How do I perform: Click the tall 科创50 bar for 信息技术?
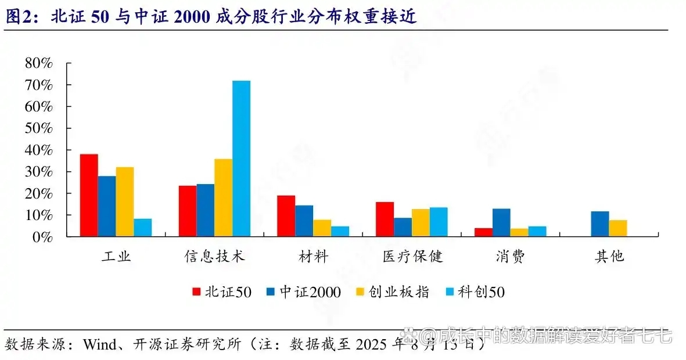pyautogui.click(x=241, y=159)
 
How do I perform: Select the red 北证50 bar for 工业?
pyautogui.click(x=89, y=195)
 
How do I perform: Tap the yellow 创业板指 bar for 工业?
pyautogui.click(x=124, y=201)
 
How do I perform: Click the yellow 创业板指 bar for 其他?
pyautogui.click(x=618, y=228)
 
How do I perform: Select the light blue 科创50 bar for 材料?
pyautogui.click(x=340, y=231)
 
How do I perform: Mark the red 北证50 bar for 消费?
pyautogui.click(x=483, y=232)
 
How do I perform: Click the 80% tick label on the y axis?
pyautogui.click(x=39, y=63)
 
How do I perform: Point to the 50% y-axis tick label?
pyautogui.click(x=39, y=128)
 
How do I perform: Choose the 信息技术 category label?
pyautogui.click(x=215, y=256)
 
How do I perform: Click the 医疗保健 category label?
pyautogui.click(x=412, y=256)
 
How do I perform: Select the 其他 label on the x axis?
pyautogui.click(x=609, y=256)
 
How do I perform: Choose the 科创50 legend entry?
pyautogui.click(x=475, y=291)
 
